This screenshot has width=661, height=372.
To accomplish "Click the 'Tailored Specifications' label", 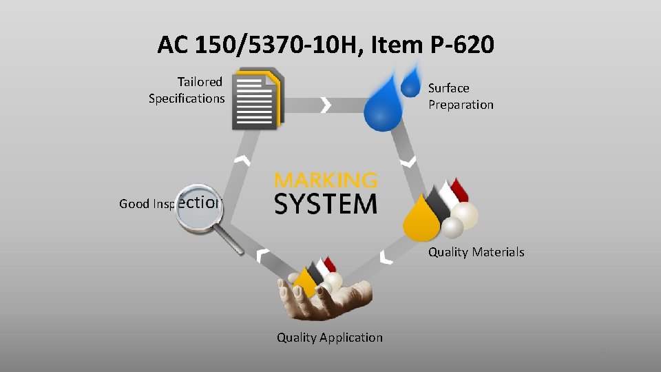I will click(187, 90).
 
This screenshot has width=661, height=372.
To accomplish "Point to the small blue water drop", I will click(411, 81).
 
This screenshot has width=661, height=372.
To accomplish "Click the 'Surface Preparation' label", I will click(461, 96).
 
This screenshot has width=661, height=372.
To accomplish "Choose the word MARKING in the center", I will click(326, 180).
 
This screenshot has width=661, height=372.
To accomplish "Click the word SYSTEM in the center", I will click(326, 205).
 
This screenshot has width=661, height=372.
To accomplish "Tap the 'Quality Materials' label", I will click(476, 252).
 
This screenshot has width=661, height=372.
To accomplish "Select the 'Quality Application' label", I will click(329, 338).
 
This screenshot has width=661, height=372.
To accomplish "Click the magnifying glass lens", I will click(200, 205).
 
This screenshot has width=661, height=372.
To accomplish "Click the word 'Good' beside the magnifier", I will click(134, 204).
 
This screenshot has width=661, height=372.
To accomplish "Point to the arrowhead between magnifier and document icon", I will click(241, 161).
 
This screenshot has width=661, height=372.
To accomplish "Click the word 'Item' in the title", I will click(389, 45).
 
